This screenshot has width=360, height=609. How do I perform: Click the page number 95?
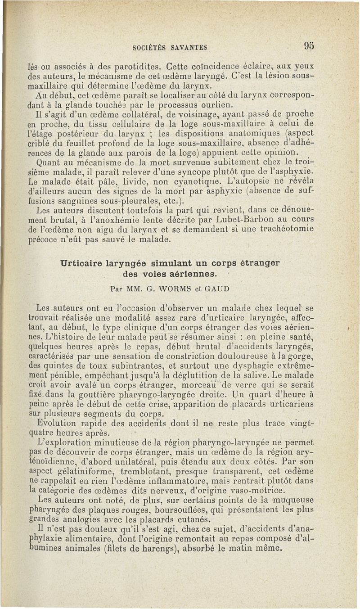tap(309, 45)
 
